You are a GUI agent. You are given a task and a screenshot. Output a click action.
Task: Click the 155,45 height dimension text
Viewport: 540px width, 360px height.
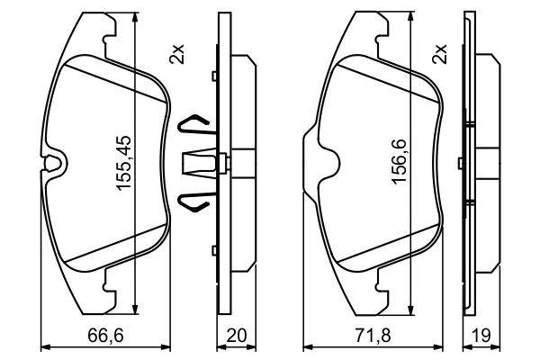(124, 162)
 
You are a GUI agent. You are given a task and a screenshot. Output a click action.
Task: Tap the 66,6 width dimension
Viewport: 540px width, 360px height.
(105, 335)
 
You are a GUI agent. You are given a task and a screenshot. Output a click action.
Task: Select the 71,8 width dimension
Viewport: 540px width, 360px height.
(373, 335)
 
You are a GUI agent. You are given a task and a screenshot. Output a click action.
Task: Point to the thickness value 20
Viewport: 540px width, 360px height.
(237, 335)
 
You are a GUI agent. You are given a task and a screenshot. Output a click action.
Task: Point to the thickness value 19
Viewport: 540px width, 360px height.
(481, 335)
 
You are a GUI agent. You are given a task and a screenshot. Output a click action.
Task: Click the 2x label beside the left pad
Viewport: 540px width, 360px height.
(177, 54)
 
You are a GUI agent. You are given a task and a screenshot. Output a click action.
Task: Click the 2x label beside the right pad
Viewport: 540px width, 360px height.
(440, 54)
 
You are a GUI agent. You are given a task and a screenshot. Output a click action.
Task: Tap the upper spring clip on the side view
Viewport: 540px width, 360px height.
(193, 124)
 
